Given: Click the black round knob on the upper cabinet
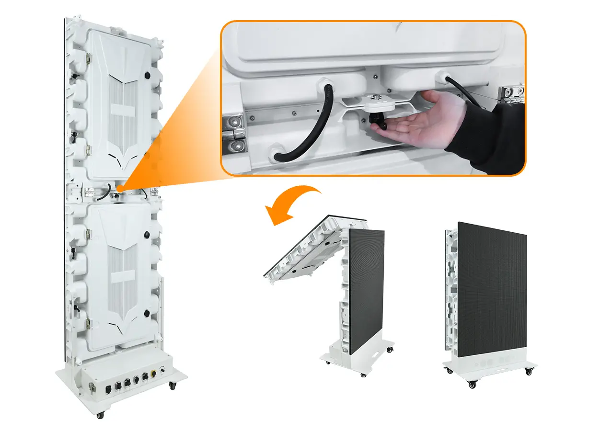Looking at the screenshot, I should (x=147, y=75).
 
